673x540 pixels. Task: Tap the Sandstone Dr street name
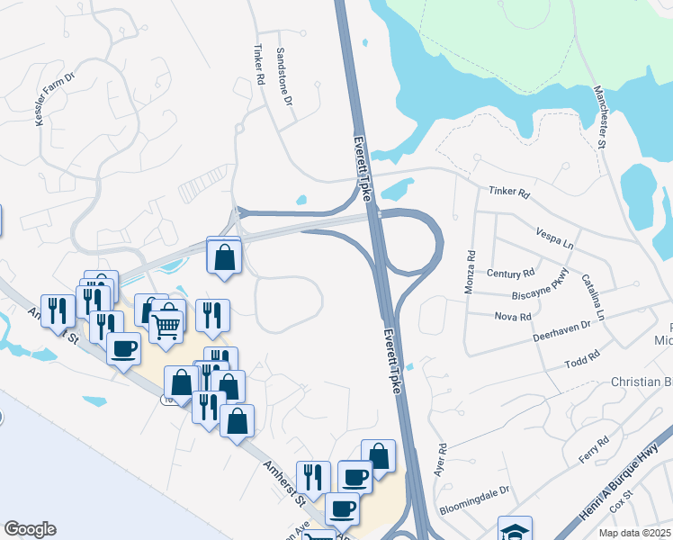(285, 76)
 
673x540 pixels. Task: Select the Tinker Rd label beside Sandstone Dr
(259, 66)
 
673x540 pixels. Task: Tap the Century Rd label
(510, 273)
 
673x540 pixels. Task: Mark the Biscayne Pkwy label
(538, 283)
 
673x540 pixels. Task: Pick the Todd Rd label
(581, 360)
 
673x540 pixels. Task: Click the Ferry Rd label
(594, 450)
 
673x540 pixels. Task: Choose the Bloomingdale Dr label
(475, 501)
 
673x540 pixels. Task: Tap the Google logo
(30, 529)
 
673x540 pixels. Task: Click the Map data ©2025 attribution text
(634, 533)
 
